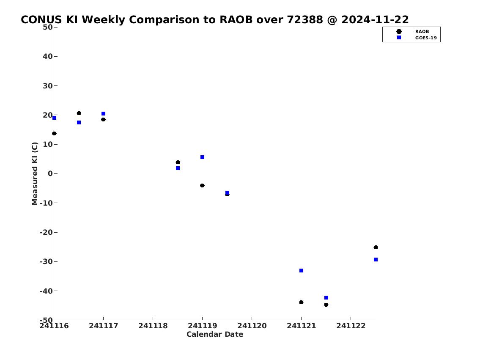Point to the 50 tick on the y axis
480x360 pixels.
[x=48, y=27]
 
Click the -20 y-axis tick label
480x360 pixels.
[x=46, y=232]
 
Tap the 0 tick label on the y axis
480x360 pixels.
[x=50, y=173]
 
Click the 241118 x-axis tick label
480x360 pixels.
[x=153, y=326]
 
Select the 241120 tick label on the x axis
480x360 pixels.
[x=252, y=326]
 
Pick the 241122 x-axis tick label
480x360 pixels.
[x=351, y=326]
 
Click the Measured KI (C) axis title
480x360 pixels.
[x=35, y=173]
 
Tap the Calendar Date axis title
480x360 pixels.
[x=215, y=334]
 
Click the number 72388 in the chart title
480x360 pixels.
[x=304, y=19]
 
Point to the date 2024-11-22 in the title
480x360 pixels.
[x=375, y=19]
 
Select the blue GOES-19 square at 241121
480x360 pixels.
[x=301, y=271]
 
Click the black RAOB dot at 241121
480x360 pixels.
[x=301, y=302]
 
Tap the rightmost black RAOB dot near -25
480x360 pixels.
[x=376, y=247]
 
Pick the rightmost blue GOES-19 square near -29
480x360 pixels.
[x=376, y=260]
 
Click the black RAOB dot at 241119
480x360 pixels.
[x=202, y=186]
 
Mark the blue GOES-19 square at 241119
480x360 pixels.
[x=202, y=157]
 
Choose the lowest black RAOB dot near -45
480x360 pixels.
[x=326, y=305]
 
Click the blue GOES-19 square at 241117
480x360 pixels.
[x=104, y=113]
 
